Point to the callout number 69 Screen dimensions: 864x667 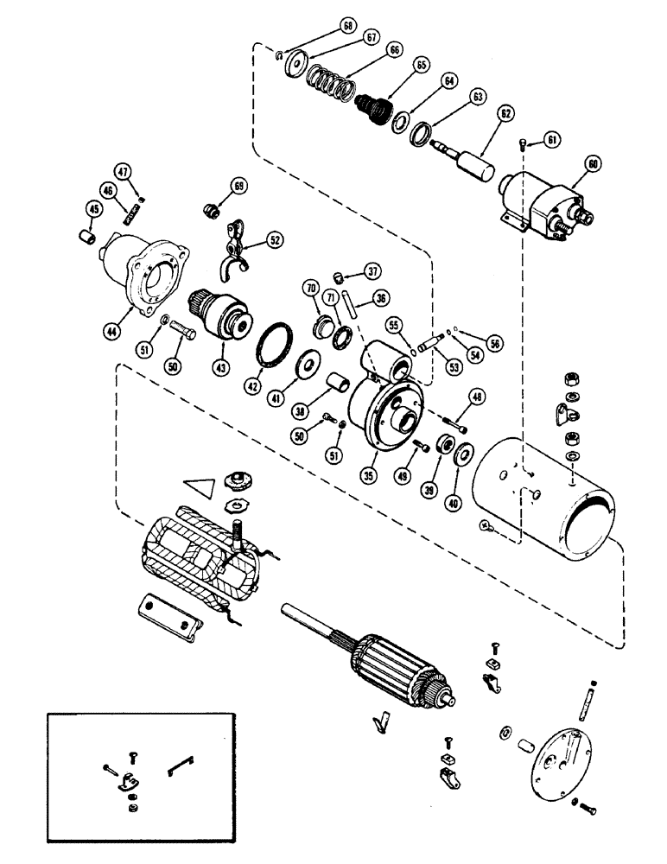[x=238, y=187]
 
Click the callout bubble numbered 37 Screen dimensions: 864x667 [x=372, y=270]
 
